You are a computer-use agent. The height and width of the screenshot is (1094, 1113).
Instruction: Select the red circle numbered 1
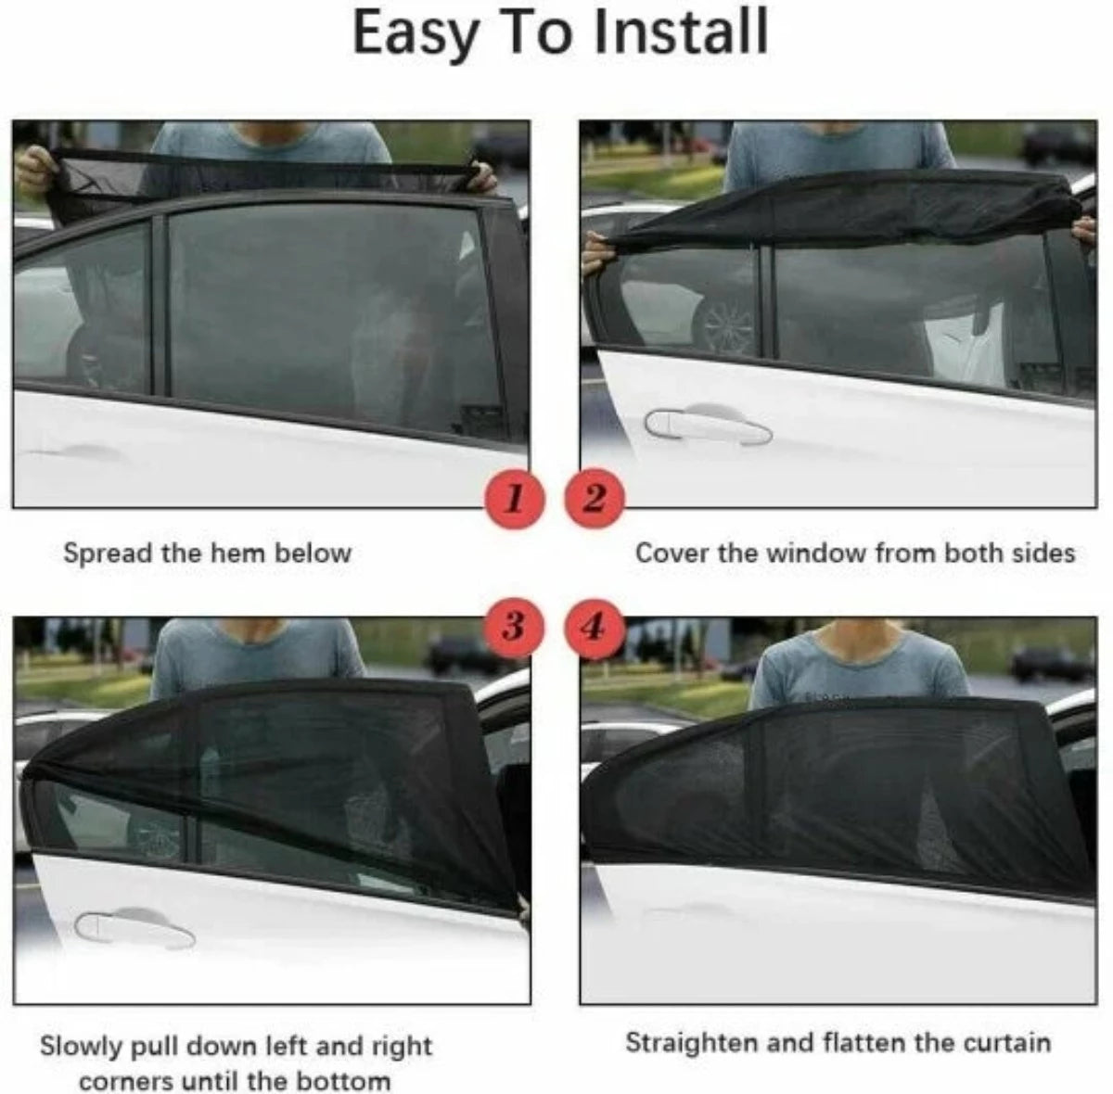coord(512,500)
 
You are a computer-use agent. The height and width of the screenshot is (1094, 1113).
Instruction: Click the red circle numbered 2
coord(595,500)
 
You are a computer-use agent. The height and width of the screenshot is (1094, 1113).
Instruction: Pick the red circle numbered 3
coord(512,628)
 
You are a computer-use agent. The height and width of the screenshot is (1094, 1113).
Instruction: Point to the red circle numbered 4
coord(595,628)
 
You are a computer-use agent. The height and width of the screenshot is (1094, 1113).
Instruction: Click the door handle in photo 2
coord(709,426)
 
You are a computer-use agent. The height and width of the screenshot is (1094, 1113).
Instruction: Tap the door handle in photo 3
coord(134,929)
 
